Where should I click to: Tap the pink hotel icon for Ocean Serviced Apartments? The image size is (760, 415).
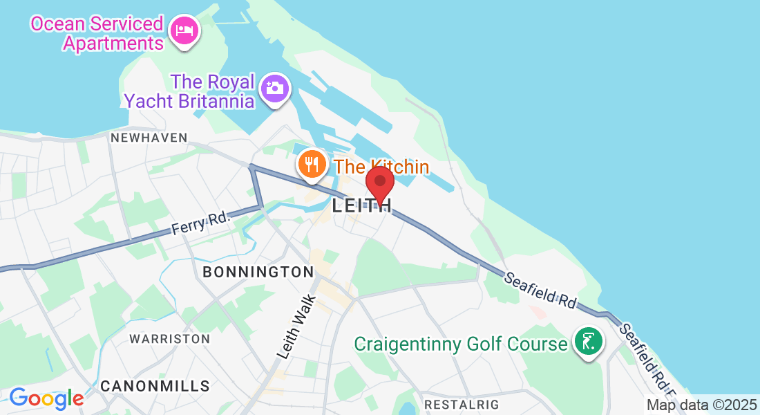coord(184,30)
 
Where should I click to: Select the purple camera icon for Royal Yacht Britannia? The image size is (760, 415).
coord(275,89)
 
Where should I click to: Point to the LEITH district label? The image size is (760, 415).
coord(362,205)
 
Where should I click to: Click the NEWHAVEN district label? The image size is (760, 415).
coord(149,138)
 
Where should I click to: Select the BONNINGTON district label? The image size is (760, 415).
coord(258,272)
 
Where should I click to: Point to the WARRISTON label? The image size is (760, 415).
coord(170,339)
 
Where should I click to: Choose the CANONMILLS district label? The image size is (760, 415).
coord(155,385)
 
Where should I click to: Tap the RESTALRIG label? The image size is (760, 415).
coord(461,403)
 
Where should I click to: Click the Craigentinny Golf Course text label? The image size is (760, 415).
coord(460,343)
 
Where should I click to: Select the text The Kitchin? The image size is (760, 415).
coord(381,167)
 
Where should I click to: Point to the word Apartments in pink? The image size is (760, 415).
coord(113,43)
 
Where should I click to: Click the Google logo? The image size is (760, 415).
coord(46,398)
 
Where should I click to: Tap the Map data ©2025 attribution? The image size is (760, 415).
coord(701,405)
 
